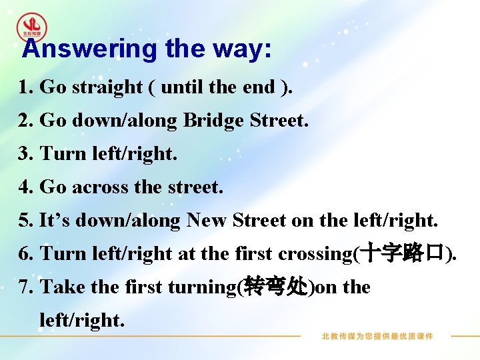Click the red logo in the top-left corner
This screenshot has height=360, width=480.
(x=31, y=26)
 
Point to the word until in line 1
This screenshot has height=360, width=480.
(x=183, y=87)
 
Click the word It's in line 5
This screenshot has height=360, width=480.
(x=56, y=221)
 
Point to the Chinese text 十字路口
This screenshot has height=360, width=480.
(x=402, y=253)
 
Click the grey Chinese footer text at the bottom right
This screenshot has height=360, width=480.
(x=377, y=336)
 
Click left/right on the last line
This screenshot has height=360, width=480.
(x=82, y=321)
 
